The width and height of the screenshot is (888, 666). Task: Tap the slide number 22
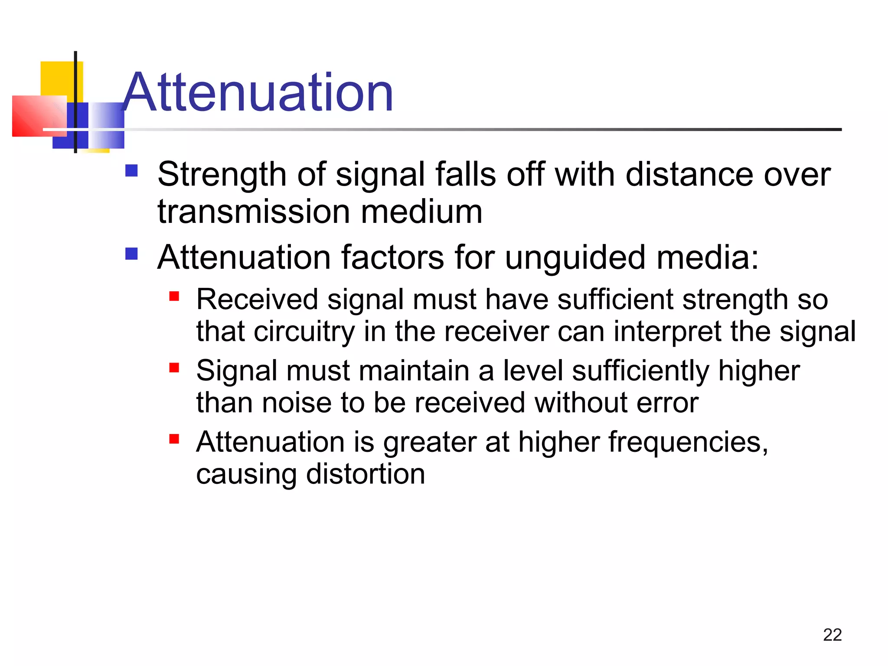click(x=832, y=635)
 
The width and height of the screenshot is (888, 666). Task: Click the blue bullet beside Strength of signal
click(x=131, y=170)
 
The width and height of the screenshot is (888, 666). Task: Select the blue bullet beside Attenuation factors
click(x=131, y=253)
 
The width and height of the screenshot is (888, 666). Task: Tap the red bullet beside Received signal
click(x=174, y=297)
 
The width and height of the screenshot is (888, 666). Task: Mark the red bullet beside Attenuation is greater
click(x=174, y=439)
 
